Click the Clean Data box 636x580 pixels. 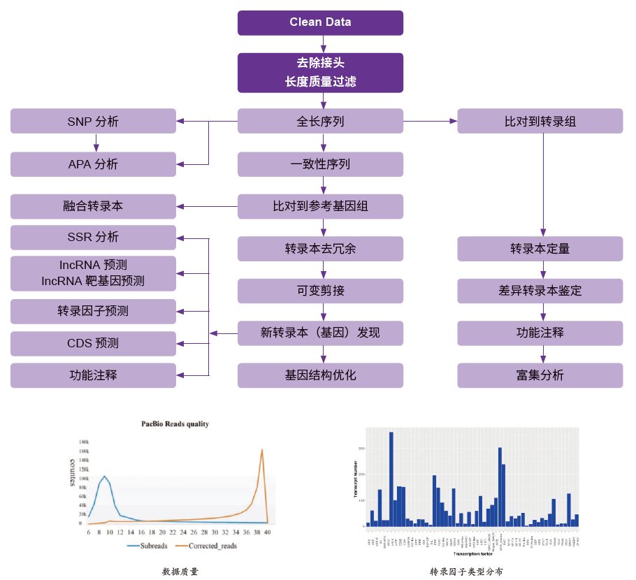click(320, 22)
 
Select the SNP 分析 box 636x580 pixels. click(93, 121)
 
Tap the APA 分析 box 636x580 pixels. click(93, 164)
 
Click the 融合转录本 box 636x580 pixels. click(93, 206)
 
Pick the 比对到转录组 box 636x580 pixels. click(540, 121)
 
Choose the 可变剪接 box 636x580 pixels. click(320, 291)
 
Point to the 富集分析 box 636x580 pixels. click(540, 375)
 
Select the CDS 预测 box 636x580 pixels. click(93, 343)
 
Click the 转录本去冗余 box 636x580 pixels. click(320, 249)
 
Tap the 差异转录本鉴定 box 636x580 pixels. click(540, 291)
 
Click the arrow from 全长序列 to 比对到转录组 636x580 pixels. click(430, 121)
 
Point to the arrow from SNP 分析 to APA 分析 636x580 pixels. click(96, 143)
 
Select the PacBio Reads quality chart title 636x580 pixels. click(175, 423)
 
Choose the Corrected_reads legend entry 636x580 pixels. click(210, 546)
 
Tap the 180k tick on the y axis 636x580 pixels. click(83, 442)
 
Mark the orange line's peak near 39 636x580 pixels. click(262, 449)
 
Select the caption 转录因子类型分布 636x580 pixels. click(466, 571)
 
